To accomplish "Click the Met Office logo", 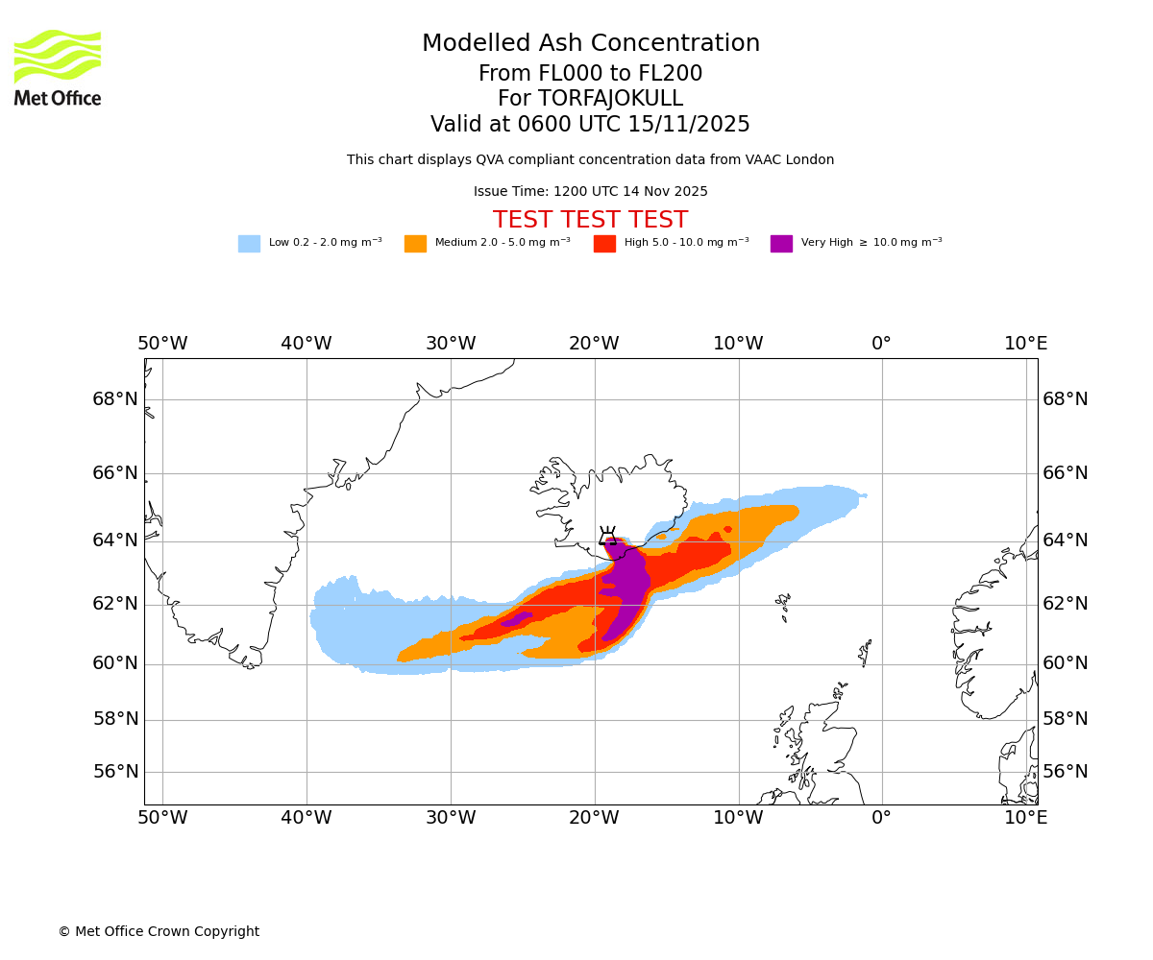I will [x=58, y=67].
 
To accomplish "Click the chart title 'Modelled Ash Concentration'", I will [x=591, y=44].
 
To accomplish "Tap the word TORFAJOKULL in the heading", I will [x=610, y=99].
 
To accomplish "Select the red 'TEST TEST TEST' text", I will [x=590, y=220].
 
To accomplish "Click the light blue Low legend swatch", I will [x=249, y=244].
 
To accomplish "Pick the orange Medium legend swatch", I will [x=415, y=244].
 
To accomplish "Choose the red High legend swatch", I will [x=604, y=244].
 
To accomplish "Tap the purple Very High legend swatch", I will [x=781, y=244].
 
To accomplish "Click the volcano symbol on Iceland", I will [x=607, y=536].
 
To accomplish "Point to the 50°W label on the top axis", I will [x=162, y=344].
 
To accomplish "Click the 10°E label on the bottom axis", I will [x=1025, y=818].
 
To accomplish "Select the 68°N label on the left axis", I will [x=115, y=399].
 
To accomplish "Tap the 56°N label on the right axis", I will [x=1066, y=772].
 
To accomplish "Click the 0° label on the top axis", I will [x=881, y=344].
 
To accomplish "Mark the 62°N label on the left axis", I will [x=115, y=604].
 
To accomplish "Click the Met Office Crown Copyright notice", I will [x=159, y=931].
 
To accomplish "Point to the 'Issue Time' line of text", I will [x=590, y=192].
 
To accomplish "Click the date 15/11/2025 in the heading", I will [x=689, y=125].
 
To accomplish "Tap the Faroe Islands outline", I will [x=784, y=605].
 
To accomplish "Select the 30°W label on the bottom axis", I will [x=451, y=818].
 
